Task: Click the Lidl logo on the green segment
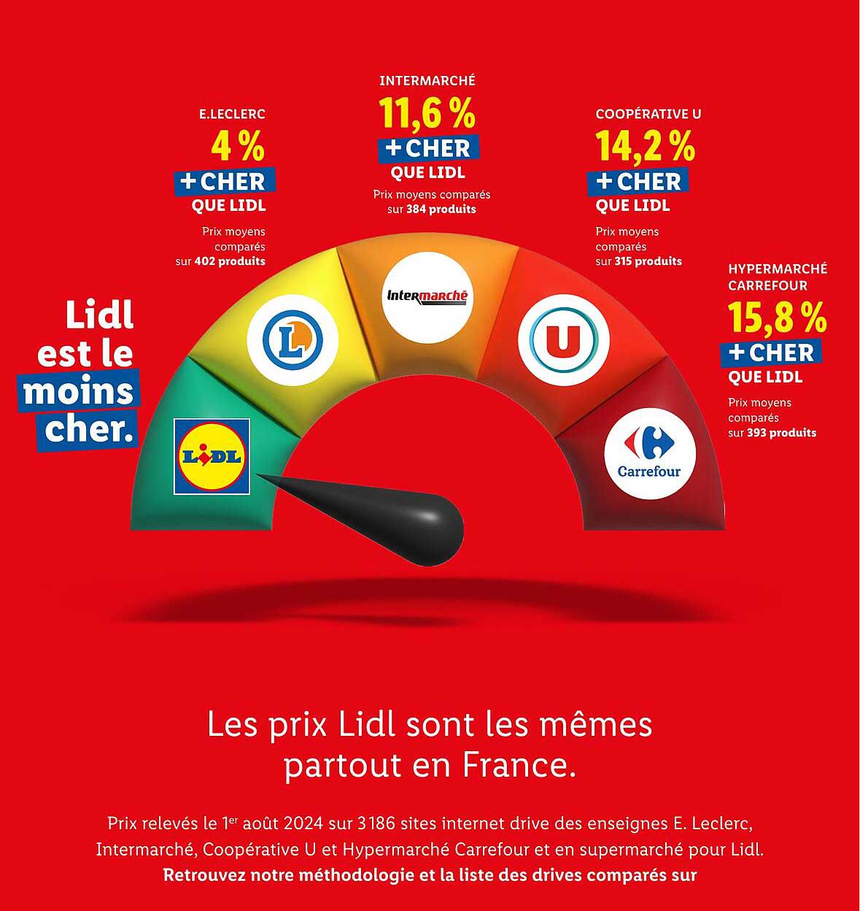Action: click(x=212, y=457)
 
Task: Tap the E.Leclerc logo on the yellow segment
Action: click(x=293, y=339)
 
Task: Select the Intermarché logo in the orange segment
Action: click(x=427, y=296)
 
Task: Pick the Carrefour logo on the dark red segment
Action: click(x=650, y=453)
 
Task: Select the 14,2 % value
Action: click(x=646, y=147)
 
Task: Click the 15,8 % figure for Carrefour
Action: click(x=778, y=318)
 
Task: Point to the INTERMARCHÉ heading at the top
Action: click(x=427, y=81)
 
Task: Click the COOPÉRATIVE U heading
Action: click(x=648, y=114)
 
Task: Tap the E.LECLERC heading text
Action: click(x=232, y=114)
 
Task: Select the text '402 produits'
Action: click(x=230, y=261)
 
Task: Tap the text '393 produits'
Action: click(x=781, y=433)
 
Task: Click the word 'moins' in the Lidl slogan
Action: click(x=79, y=393)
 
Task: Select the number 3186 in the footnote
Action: click(x=377, y=824)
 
